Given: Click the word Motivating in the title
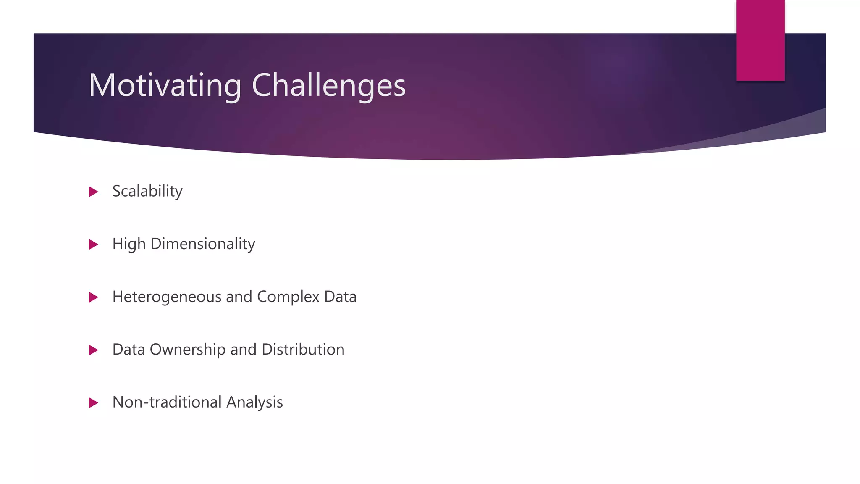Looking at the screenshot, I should pyautogui.click(x=165, y=85).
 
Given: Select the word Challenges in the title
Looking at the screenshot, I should pyautogui.click(x=328, y=85).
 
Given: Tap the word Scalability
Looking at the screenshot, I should pyautogui.click(x=147, y=192).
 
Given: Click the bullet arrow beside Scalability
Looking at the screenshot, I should pyautogui.click(x=94, y=192).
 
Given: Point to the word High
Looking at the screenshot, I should pyautogui.click(x=129, y=244).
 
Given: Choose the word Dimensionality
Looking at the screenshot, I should pyautogui.click(x=203, y=244).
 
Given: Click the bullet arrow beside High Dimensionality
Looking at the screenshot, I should pyautogui.click(x=94, y=245).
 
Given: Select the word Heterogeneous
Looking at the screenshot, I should pyautogui.click(x=167, y=297).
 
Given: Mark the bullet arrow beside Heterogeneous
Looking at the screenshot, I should pyautogui.click(x=94, y=297).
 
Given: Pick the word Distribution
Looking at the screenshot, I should pyautogui.click(x=303, y=350).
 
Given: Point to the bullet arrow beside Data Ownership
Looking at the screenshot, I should pyautogui.click(x=94, y=350).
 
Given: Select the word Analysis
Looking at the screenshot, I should pyautogui.click(x=254, y=402).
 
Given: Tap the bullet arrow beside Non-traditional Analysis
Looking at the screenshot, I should pyautogui.click(x=94, y=403).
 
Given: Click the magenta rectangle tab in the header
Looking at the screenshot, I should pyautogui.click(x=760, y=40).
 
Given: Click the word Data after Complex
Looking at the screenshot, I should pyautogui.click(x=340, y=297).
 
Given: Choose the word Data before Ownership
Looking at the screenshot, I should pyautogui.click(x=128, y=350).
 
